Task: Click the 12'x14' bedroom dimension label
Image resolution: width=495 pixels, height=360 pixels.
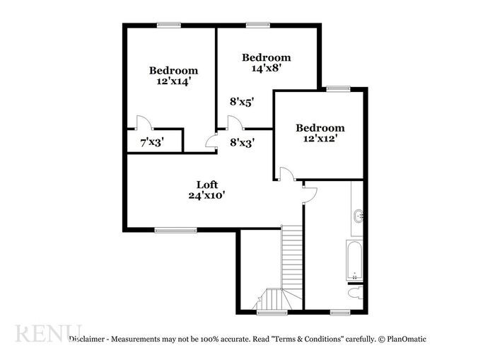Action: (x=173, y=82)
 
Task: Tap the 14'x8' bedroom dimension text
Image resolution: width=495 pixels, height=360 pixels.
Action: (x=267, y=69)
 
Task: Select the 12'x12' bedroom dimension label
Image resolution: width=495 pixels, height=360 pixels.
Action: (x=320, y=139)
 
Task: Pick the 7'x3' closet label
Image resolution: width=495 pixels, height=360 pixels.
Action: (x=151, y=141)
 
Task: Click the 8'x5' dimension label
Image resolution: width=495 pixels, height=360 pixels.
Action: (x=242, y=101)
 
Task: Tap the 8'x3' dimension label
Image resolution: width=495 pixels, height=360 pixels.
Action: (x=242, y=141)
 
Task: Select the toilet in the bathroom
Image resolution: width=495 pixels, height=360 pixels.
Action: (x=355, y=293)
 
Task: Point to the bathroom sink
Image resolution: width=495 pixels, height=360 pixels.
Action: (x=358, y=216)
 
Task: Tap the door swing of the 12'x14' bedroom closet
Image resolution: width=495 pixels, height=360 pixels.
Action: (x=141, y=122)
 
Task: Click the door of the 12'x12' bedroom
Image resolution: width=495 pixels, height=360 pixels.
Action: (x=286, y=174)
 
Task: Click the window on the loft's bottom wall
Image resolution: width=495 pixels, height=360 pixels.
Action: (x=175, y=229)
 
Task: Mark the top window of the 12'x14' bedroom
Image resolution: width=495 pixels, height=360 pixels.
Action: (x=168, y=25)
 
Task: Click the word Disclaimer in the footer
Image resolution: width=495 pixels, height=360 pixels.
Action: (x=88, y=339)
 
